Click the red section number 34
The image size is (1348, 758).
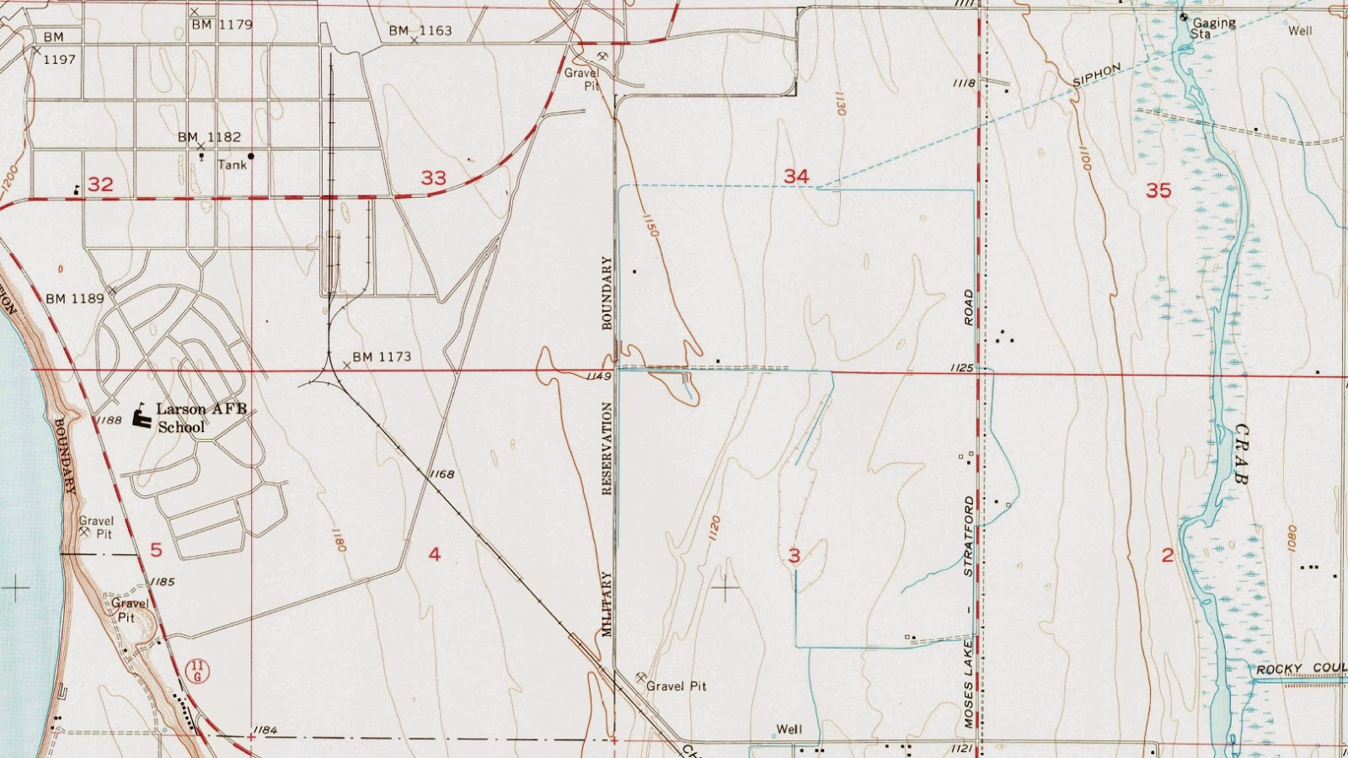click(796, 176)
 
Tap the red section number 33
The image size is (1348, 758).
click(433, 178)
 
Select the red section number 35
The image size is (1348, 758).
click(1158, 190)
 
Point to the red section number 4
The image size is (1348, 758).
click(434, 554)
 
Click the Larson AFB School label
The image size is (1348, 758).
click(202, 418)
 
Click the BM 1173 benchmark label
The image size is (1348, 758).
click(382, 357)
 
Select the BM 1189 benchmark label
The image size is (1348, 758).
click(75, 298)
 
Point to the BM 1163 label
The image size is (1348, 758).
click(420, 31)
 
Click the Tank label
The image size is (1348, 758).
click(232, 165)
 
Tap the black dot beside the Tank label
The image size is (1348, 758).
click(251, 156)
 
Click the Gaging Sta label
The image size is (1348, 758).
click(1213, 29)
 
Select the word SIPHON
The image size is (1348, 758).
click(1097, 76)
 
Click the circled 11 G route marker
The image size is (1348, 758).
click(197, 671)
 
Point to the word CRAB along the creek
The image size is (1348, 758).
click(1241, 454)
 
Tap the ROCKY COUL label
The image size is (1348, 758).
click(1300, 670)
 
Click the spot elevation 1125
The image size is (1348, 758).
click(961, 368)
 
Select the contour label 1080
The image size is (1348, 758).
click(1292, 539)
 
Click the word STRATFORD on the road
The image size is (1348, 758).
click(969, 536)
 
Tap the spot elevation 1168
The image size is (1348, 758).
click(441, 474)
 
